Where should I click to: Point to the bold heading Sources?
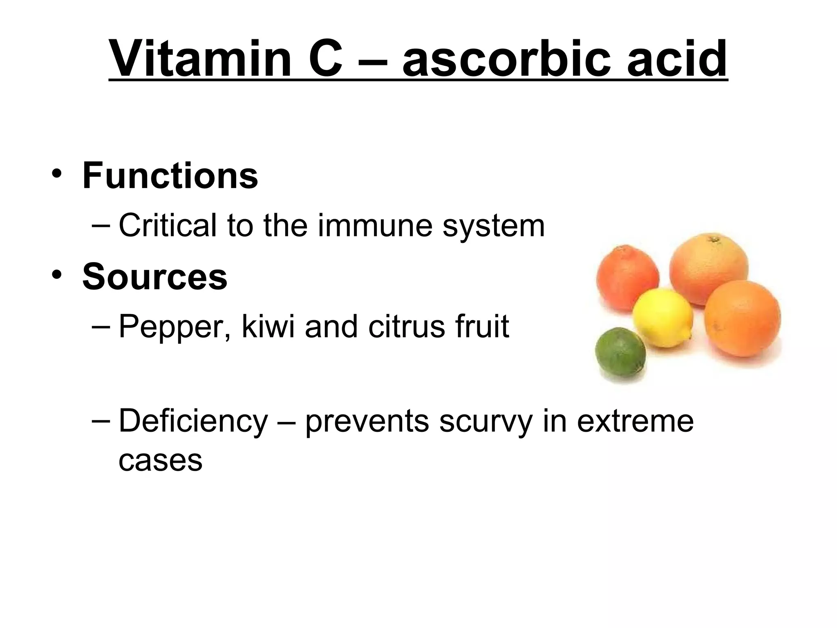[x=155, y=277]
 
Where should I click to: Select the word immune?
[x=375, y=226]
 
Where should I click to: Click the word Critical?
[x=168, y=226]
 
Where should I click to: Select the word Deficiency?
[x=193, y=421]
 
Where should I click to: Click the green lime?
[x=620, y=357]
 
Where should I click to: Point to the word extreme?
[x=635, y=421]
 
